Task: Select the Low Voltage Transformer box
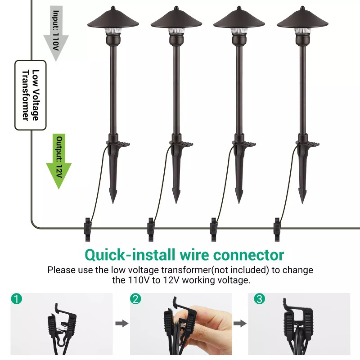pyautogui.click(x=30, y=95)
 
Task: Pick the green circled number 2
pyautogui.click(x=135, y=298)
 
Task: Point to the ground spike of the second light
pyautogui.click(x=176, y=184)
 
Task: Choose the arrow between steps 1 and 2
pyautogui.click(x=121, y=323)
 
